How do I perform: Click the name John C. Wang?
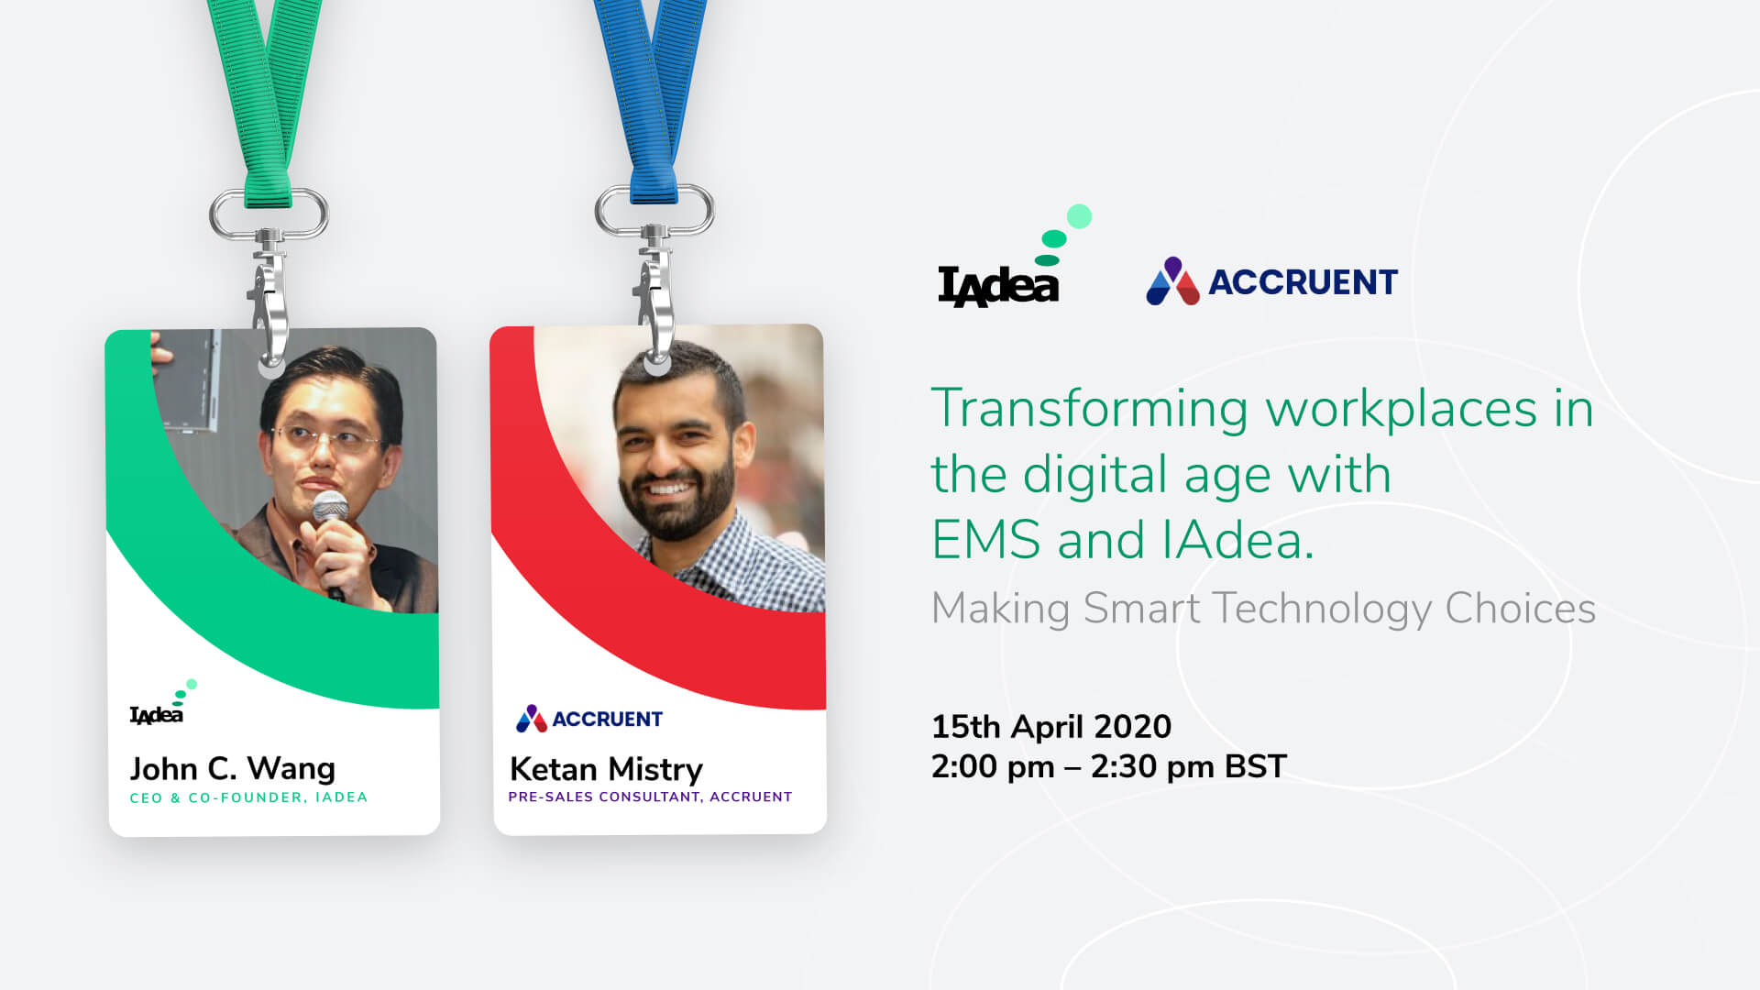(232, 768)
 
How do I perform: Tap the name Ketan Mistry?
(606, 769)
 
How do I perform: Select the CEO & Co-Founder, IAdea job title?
(248, 797)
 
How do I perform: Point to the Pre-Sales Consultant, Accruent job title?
(650, 797)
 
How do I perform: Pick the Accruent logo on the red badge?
(588, 719)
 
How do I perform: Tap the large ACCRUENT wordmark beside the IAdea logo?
(1303, 282)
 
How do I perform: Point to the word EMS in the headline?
(985, 540)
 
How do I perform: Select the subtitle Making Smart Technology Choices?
(1263, 609)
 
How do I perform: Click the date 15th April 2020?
(1051, 727)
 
